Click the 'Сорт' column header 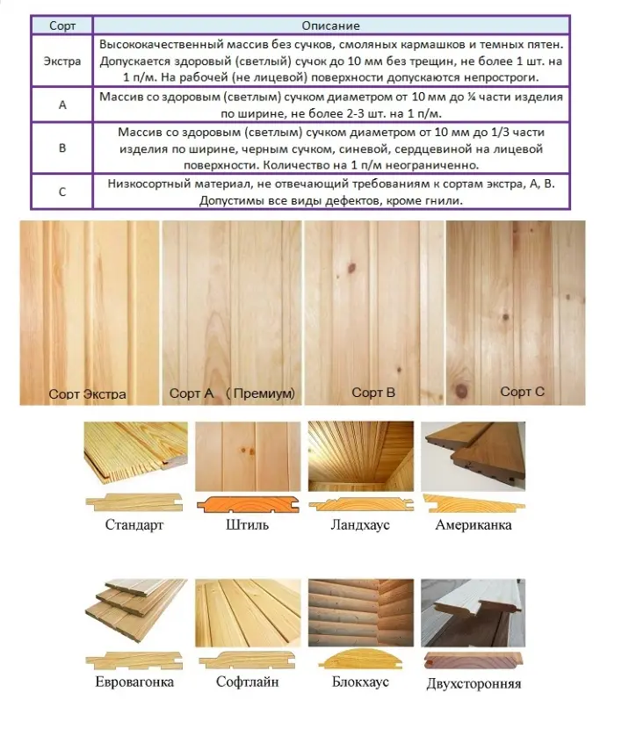coord(62,26)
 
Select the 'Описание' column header coord(330,26)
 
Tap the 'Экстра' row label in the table coord(62,61)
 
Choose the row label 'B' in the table coord(62,148)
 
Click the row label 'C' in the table coord(62,191)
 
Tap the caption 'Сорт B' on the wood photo coord(372,393)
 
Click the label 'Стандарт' coord(134,525)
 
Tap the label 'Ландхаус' coord(360,525)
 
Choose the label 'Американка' coord(473,525)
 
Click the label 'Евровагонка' coord(134,682)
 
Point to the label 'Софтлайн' coord(249,682)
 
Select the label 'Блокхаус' coord(361,682)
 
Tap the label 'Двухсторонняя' coord(473,683)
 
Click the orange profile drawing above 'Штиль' coord(247,504)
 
